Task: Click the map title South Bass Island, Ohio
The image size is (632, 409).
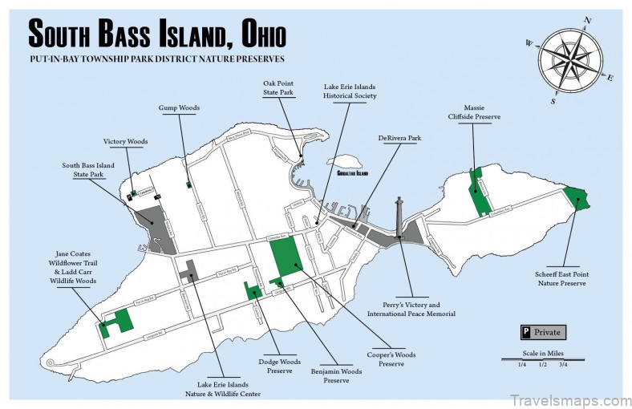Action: click(156, 34)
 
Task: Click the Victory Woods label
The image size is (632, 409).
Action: click(125, 142)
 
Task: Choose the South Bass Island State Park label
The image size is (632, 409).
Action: click(88, 170)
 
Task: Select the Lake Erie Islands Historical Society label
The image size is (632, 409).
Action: click(349, 91)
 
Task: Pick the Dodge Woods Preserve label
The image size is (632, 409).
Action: click(280, 366)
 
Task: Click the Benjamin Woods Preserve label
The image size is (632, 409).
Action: click(336, 376)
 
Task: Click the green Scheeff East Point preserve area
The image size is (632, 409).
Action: click(577, 197)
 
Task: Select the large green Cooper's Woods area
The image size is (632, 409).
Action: click(285, 256)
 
